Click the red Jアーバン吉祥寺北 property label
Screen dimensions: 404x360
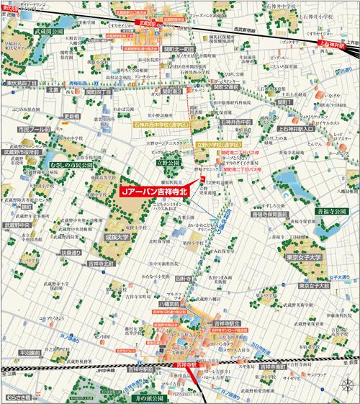(x=158, y=194)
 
